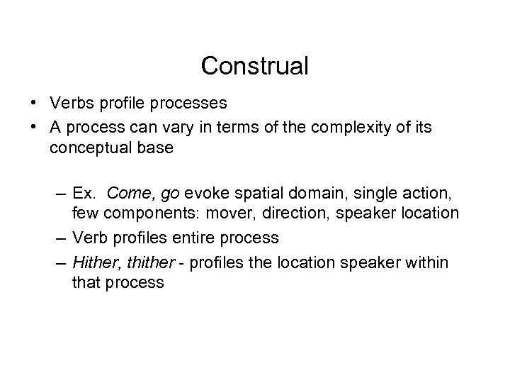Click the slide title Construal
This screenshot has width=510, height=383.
coord(255,66)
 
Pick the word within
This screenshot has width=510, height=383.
coord(425,262)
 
